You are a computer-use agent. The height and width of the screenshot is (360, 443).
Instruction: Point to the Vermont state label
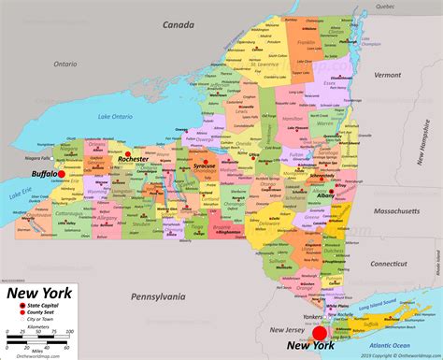tap(390, 75)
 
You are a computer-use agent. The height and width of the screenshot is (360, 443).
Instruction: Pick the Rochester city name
tap(134, 159)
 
